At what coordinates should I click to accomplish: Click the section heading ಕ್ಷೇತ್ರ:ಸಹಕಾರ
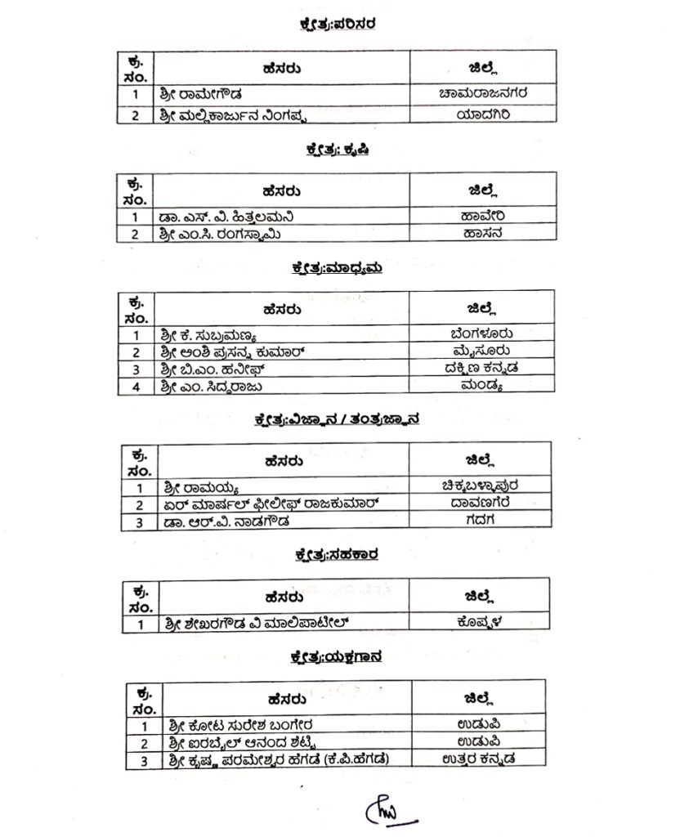[x=336, y=555]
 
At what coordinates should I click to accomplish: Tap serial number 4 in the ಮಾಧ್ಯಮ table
[x=136, y=387]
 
